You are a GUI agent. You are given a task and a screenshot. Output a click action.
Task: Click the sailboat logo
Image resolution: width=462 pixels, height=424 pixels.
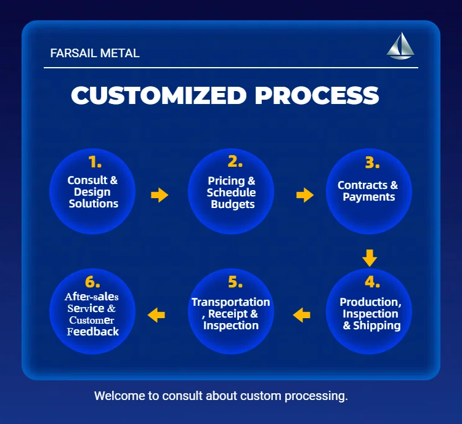click(x=400, y=46)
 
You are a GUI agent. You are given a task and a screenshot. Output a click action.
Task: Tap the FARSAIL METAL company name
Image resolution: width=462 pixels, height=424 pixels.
click(x=95, y=54)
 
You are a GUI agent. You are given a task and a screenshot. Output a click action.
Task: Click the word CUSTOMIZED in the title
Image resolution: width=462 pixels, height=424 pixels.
click(x=159, y=95)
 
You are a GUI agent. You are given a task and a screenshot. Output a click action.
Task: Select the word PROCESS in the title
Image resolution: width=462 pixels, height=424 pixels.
click(x=317, y=95)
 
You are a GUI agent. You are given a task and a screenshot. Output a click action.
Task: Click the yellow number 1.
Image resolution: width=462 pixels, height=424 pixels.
click(x=95, y=162)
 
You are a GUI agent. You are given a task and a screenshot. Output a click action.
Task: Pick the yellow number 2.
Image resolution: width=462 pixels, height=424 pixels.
click(x=235, y=162)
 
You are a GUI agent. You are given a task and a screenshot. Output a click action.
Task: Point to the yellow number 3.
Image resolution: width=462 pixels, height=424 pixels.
click(x=373, y=162)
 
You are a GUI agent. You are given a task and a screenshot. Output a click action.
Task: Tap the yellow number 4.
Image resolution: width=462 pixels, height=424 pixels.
click(x=373, y=282)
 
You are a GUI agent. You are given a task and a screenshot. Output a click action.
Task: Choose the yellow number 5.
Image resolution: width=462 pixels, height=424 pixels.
click(x=235, y=282)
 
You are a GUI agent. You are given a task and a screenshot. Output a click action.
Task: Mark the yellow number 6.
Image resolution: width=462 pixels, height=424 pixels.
click(x=92, y=282)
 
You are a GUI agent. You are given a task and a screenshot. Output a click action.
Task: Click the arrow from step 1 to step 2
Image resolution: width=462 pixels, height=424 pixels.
click(x=160, y=195)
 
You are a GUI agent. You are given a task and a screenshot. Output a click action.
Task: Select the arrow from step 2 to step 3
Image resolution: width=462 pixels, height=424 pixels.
click(x=305, y=195)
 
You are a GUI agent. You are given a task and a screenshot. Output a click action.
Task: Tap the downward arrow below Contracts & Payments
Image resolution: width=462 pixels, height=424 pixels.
click(x=370, y=258)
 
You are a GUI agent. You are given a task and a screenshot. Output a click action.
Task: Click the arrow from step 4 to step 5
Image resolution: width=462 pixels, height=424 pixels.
click(x=301, y=315)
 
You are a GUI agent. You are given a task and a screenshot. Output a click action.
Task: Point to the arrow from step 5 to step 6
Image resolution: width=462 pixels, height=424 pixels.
click(x=156, y=315)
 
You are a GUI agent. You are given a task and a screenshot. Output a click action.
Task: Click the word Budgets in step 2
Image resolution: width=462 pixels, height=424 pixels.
click(x=233, y=204)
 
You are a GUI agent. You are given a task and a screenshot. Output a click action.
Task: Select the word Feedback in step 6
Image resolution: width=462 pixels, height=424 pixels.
click(x=93, y=332)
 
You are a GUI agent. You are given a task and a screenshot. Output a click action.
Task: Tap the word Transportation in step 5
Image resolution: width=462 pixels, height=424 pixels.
click(x=231, y=302)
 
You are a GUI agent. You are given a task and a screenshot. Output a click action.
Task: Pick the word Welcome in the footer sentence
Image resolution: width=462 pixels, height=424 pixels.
click(x=120, y=396)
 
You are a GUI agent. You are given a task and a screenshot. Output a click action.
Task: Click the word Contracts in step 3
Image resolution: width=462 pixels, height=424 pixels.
click(x=362, y=185)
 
